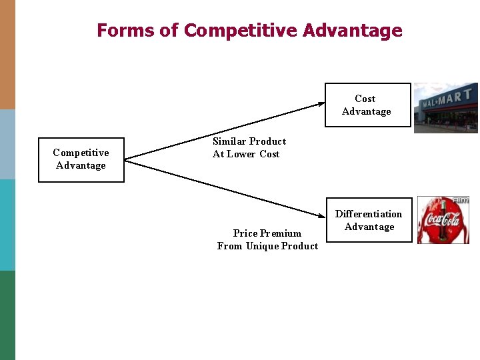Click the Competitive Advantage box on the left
81,159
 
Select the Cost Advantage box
367,105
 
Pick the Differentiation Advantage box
369,220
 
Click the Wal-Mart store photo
445,107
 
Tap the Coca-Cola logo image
443,220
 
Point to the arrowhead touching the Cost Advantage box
321,103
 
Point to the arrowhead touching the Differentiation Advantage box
321,214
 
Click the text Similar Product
249,141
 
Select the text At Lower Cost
246,154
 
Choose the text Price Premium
267,233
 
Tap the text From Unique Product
267,246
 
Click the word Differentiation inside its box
369,214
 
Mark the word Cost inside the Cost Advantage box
365,99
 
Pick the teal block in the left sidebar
7,225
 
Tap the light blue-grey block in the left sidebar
7,144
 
